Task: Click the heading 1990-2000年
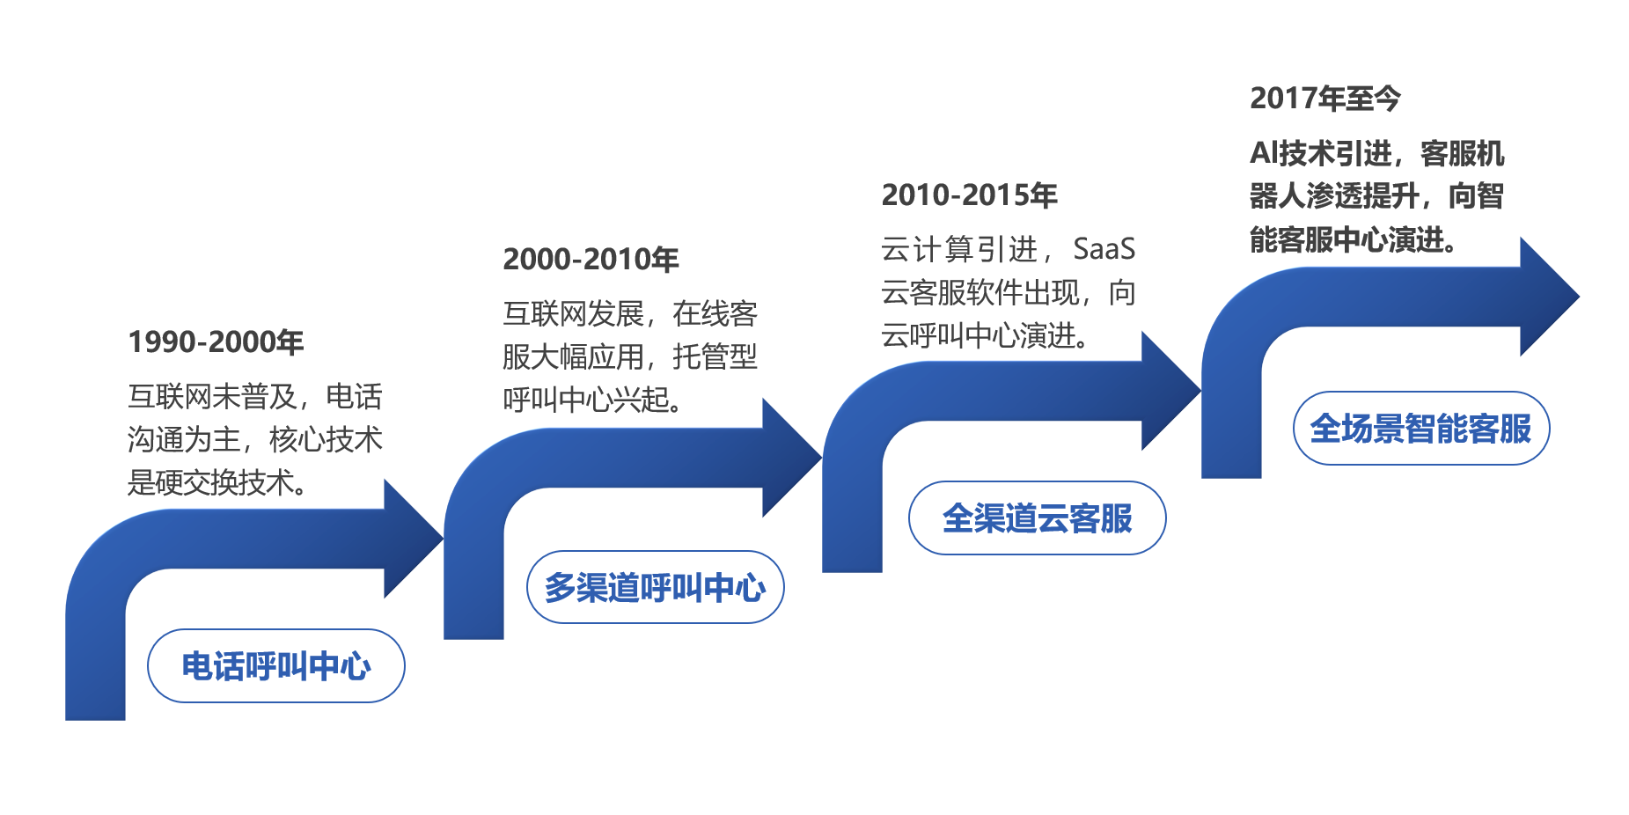(216, 341)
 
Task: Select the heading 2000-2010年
(591, 259)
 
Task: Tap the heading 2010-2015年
(969, 195)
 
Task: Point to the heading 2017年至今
(1324, 98)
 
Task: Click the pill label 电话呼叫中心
(275, 666)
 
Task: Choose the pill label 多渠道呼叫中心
(655, 587)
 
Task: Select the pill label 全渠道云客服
(1037, 518)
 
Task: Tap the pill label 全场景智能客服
(1420, 429)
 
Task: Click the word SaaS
(1104, 249)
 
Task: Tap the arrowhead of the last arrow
(1550, 297)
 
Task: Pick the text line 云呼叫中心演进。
(985, 335)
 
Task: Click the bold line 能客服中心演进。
(1352, 239)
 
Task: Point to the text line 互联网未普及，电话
(255, 396)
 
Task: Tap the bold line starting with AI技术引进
(1376, 153)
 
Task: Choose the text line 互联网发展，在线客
(630, 313)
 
